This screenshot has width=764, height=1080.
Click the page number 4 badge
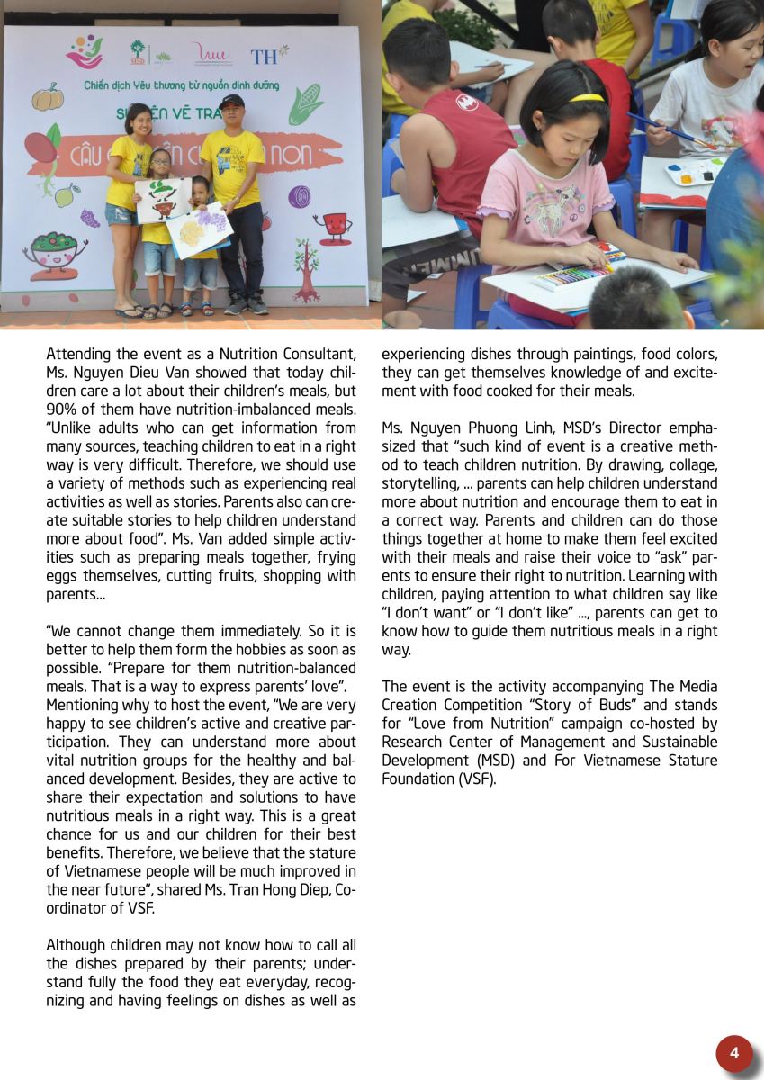coord(734,1053)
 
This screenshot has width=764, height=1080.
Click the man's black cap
coord(231,102)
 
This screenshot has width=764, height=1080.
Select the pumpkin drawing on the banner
coord(47,96)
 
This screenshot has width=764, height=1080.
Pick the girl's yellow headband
coord(586,98)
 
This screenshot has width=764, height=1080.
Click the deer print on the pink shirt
coord(546,212)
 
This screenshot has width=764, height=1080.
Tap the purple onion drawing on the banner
coord(299,196)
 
